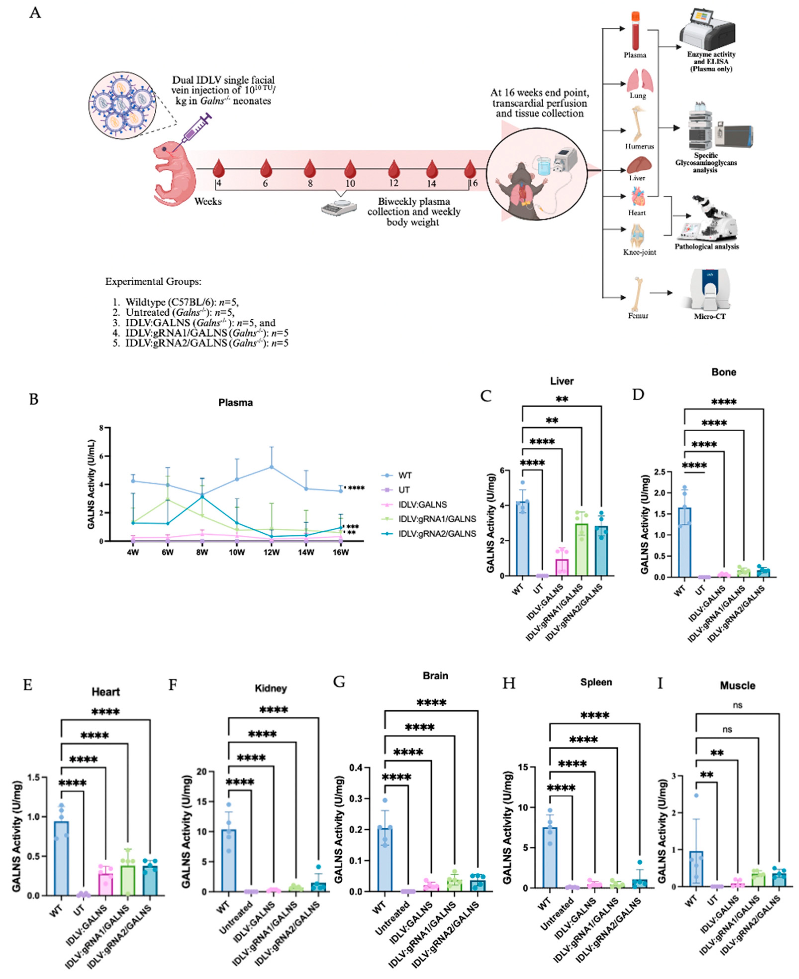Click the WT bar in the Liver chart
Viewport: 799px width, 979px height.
coord(522,538)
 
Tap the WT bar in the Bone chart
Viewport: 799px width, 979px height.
coord(684,543)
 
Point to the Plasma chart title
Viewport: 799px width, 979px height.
coord(235,403)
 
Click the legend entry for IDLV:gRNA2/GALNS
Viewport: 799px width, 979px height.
coord(437,534)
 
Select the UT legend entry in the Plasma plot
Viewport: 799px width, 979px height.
coord(404,490)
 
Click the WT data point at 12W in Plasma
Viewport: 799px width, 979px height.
coord(272,467)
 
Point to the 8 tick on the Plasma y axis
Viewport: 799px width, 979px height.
coord(101,428)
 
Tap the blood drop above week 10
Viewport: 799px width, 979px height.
coord(350,168)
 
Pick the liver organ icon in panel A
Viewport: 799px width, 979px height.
coord(637,165)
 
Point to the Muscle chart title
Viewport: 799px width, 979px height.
coord(737,685)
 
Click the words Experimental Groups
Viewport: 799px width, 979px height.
coord(153,282)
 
